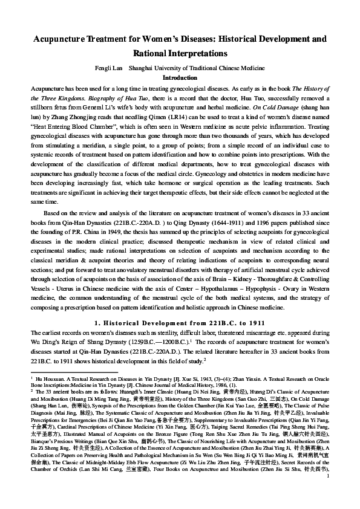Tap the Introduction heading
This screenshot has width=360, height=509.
[180, 78]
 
